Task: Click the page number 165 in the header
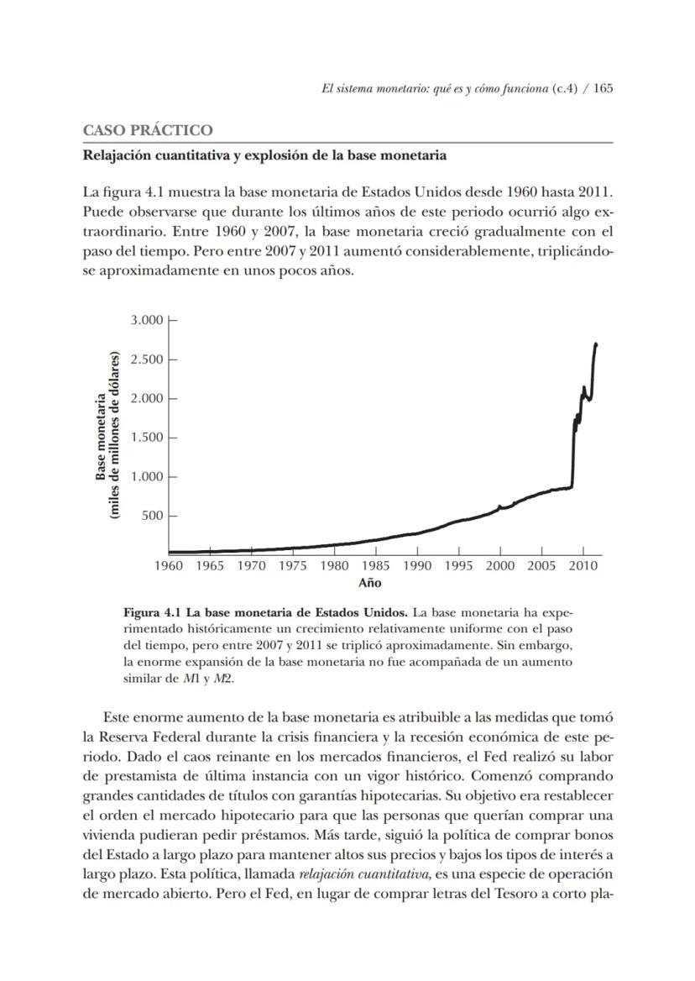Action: [603, 90]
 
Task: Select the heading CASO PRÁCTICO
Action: [148, 131]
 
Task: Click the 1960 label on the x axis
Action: [170, 566]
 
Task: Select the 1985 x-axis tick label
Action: [376, 566]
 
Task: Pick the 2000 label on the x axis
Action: [500, 566]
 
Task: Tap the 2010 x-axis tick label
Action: [583, 566]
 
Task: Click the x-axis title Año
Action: [370, 583]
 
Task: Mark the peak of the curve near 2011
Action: [596, 344]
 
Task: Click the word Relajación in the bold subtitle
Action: [118, 156]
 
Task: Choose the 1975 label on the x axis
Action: [293, 566]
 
